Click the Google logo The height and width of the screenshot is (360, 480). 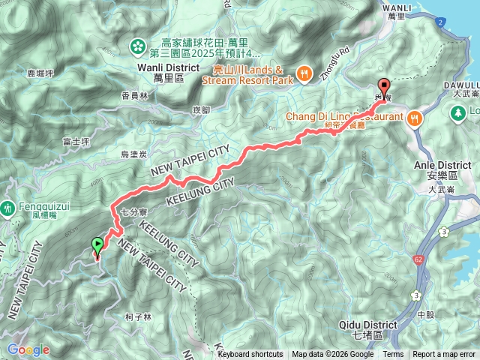pos(28,349)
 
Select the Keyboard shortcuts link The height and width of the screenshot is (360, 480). pos(250,355)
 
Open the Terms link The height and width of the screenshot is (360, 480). pos(393,355)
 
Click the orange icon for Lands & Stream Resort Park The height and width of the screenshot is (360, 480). pos(304,73)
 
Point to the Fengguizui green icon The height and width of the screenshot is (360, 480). pos(7,206)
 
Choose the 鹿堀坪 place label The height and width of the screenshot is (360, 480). pos(42,73)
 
